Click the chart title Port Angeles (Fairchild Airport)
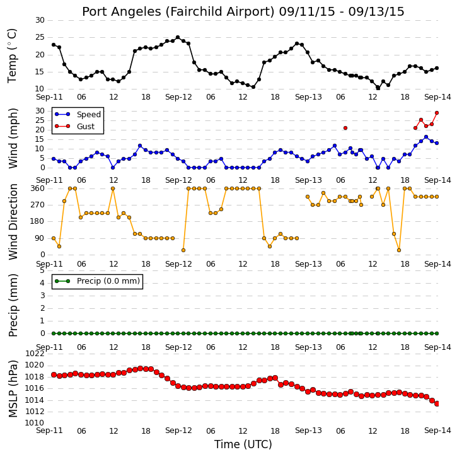[178, 12]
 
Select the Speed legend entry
[78, 115]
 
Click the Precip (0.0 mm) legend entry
[97, 281]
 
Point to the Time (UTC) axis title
[243, 444]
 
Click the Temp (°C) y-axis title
[12, 55]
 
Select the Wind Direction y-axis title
[13, 222]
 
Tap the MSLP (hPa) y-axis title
[13, 389]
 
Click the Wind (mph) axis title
[13, 139]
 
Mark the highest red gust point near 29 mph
[437, 113]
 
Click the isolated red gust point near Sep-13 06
[345, 128]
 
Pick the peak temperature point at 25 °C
[178, 37]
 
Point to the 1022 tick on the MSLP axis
[35, 354]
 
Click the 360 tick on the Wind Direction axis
[38, 188]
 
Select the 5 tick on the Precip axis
[42, 270]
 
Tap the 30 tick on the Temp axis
[40, 20]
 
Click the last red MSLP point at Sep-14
[437, 403]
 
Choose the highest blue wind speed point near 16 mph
[426, 137]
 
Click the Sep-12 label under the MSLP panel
[178, 431]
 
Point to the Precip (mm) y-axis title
[13, 306]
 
